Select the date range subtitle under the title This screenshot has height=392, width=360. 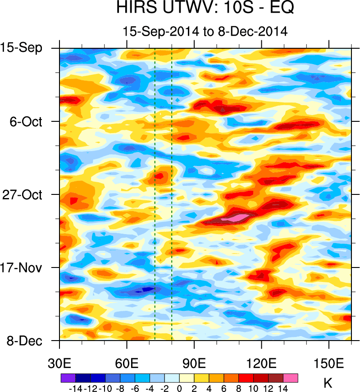coord(205,31)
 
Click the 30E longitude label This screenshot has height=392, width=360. coord(60,364)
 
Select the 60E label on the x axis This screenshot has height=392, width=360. coord(127,364)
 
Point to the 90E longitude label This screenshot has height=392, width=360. coord(194,364)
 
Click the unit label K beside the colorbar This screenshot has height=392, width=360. coord(328,383)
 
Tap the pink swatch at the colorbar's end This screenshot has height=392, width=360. coord(291,378)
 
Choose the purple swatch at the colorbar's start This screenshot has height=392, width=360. coord(68,378)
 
